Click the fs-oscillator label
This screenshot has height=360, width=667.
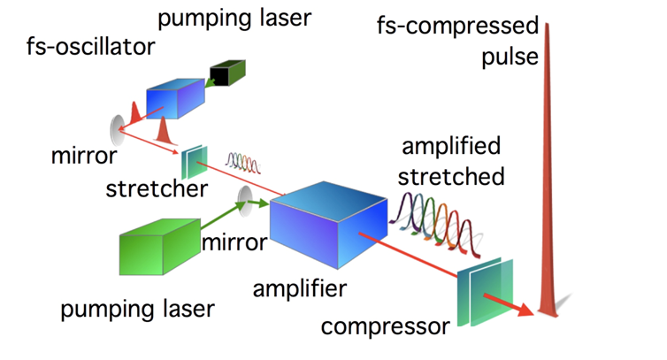pos(90,46)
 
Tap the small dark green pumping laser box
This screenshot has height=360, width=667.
pos(227,73)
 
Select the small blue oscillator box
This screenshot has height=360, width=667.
pos(175,98)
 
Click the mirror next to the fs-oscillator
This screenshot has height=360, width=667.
pos(117,130)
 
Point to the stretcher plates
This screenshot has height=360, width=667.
pos(195,162)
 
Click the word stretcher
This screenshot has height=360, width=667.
pos(157,189)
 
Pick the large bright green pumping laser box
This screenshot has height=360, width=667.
pos(160,247)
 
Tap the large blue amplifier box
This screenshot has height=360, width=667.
pos(329,225)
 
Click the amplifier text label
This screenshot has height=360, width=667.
pos(300,289)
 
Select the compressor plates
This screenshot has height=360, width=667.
pos(486,292)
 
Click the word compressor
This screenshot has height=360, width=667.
pos(385,326)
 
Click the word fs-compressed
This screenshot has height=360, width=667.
pos(457,26)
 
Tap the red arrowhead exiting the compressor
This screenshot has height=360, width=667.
pos(525,310)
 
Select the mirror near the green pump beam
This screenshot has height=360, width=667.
pos(244,201)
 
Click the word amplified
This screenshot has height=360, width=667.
pos(451,147)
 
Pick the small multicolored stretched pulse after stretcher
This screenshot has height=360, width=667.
pos(243,163)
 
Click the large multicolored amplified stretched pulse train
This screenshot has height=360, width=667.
pos(435,225)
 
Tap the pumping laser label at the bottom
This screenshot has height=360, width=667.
pos(137,310)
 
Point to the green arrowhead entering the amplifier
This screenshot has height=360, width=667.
pos(264,203)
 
